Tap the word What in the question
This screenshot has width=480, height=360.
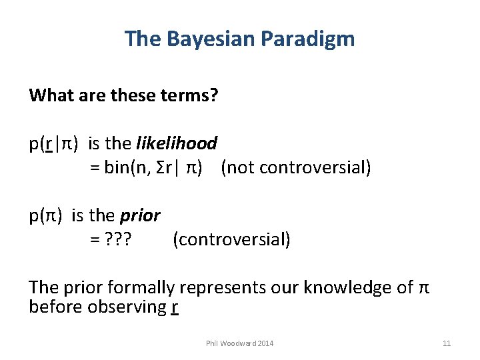[49, 95]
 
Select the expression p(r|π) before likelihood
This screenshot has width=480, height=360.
[53, 143]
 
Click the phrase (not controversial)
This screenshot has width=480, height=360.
[295, 167]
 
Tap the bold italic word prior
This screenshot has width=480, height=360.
[140, 215]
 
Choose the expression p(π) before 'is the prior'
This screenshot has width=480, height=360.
[45, 215]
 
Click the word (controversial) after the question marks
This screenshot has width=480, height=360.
[231, 239]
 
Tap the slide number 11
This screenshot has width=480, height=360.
[447, 343]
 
